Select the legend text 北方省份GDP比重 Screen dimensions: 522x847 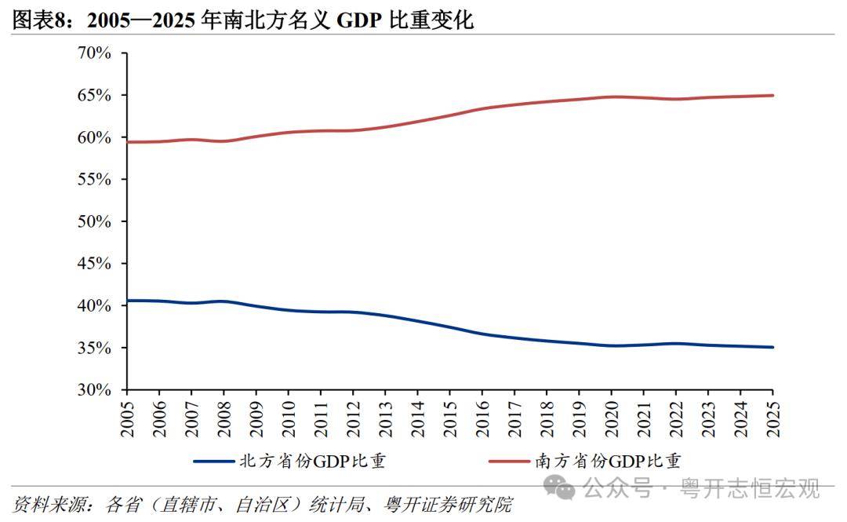click(x=312, y=461)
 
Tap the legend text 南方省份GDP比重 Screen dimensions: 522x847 click(x=609, y=461)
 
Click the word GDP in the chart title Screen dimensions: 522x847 click(x=359, y=20)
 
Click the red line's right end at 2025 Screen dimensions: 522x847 click(x=772, y=96)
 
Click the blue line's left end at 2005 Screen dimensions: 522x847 click(x=127, y=301)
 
